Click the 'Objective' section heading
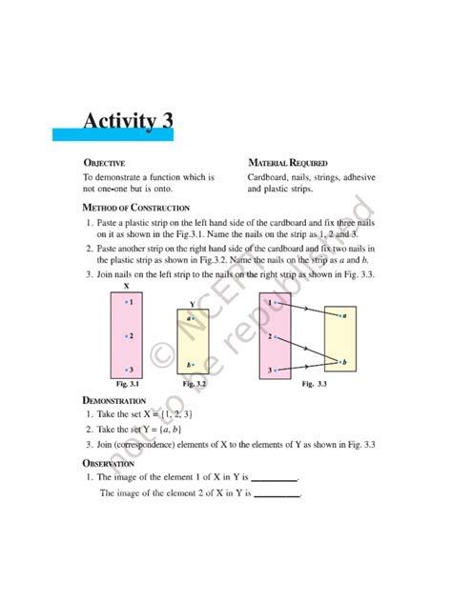[x=105, y=163]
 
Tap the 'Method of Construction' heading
[x=135, y=207]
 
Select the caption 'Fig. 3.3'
[x=314, y=383]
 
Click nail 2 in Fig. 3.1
[x=126, y=335]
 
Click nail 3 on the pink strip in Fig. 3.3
[x=277, y=370]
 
